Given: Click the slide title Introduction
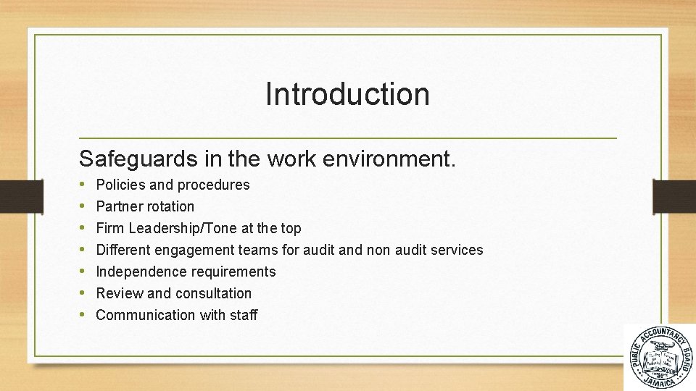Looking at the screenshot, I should pyautogui.click(x=347, y=94).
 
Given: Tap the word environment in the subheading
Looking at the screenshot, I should pyautogui.click(x=398, y=159).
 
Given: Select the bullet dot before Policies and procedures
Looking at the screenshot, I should pyautogui.click(x=84, y=185).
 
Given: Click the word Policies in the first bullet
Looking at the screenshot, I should pyautogui.click(x=119, y=185).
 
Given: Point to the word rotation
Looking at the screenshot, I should pyautogui.click(x=170, y=206).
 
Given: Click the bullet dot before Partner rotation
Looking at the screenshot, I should pyautogui.click(x=84, y=206).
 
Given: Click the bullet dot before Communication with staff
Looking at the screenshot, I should pyautogui.click(x=84, y=315).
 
